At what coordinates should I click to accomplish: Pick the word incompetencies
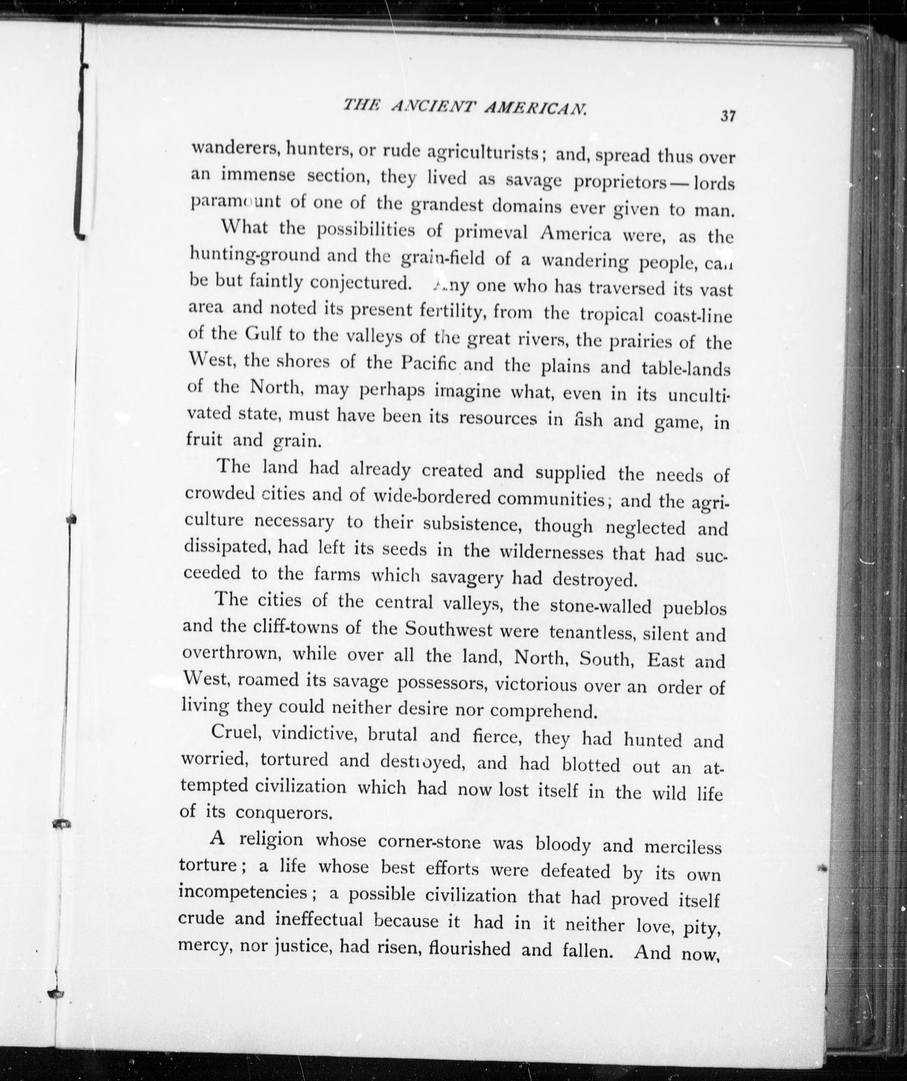242,891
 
